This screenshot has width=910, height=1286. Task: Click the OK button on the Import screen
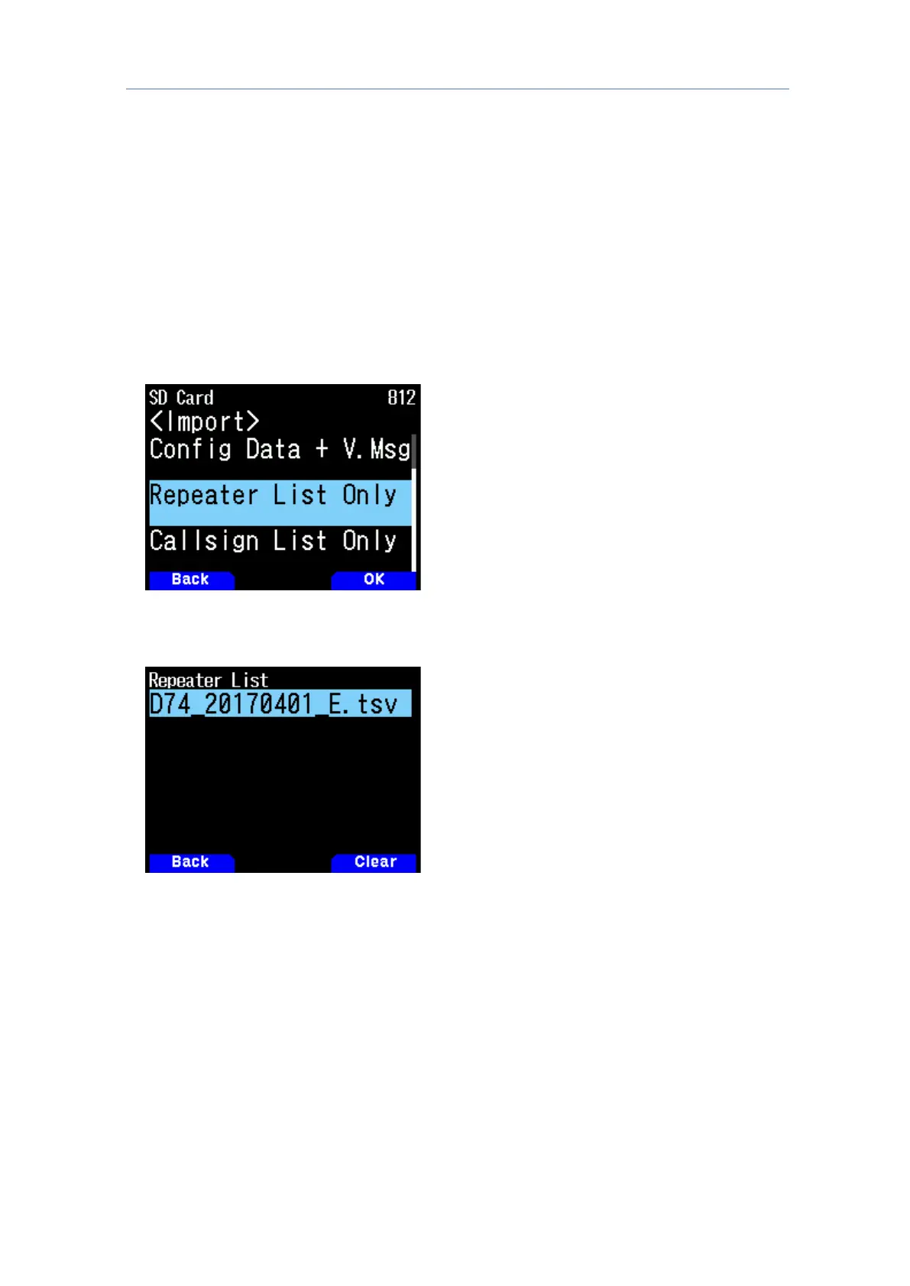click(x=374, y=580)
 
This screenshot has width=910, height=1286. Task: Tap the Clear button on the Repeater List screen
click(x=374, y=862)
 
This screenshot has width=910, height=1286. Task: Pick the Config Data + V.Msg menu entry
click(x=280, y=450)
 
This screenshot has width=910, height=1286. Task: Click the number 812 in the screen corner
click(x=401, y=398)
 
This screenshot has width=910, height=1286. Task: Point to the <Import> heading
click(x=204, y=422)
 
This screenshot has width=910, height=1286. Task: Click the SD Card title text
click(x=181, y=398)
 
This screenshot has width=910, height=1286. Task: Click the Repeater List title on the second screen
click(x=208, y=680)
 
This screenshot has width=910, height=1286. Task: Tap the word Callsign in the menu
click(x=204, y=541)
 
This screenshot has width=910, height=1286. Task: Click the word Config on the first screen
click(x=190, y=450)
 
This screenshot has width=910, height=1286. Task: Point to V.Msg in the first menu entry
click(x=376, y=450)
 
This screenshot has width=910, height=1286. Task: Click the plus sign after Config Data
click(x=322, y=450)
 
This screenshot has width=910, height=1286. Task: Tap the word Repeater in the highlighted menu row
click(x=204, y=496)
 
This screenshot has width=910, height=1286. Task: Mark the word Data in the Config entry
click(x=273, y=450)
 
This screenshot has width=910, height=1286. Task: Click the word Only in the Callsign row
click(x=369, y=541)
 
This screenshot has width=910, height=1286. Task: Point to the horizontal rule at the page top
click(x=457, y=89)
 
